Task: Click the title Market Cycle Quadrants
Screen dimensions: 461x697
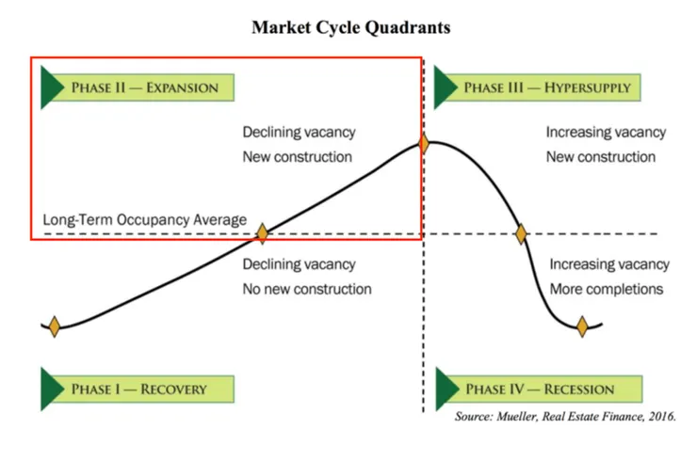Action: [350, 27]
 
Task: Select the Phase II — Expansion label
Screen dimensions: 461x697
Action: [144, 88]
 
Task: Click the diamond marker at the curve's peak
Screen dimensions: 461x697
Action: [424, 144]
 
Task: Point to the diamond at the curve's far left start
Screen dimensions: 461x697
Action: [55, 326]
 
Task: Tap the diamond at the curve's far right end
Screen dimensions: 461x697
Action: [582, 326]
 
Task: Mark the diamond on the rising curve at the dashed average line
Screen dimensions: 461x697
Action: [263, 232]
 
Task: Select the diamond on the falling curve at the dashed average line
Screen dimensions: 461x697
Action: [520, 233]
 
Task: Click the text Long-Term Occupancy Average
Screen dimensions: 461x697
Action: [144, 220]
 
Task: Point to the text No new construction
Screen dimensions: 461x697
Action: [307, 289]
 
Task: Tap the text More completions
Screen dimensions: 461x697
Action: [607, 289]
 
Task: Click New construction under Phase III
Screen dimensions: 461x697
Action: [601, 156]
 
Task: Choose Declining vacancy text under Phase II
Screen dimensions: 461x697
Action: [299, 133]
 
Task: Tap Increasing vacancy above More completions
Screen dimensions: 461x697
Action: [609, 265]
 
